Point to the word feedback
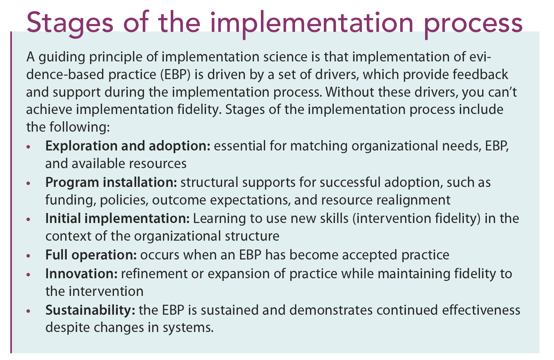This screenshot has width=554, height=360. pos(480,74)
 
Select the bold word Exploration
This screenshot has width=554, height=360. pos(81,146)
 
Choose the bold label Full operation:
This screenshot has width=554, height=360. pos(91,255)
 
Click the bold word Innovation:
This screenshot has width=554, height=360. pos(81,274)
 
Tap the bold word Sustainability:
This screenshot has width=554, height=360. pos(90,310)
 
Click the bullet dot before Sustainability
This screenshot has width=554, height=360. pos(28,311)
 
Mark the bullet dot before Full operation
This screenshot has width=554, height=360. pos(28,256)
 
